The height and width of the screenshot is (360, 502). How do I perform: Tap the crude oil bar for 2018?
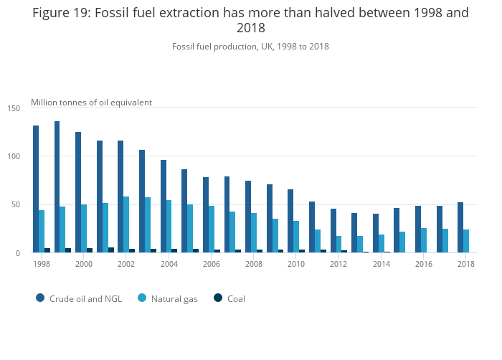(460, 227)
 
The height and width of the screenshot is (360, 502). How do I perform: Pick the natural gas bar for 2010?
(296, 237)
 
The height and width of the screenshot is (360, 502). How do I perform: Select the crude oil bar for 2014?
(376, 233)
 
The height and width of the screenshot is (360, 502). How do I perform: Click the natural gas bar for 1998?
(42, 231)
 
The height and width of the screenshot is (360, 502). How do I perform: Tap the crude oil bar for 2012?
(333, 230)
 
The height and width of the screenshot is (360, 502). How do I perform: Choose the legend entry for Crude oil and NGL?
(79, 298)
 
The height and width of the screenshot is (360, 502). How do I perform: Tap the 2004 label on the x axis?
(169, 264)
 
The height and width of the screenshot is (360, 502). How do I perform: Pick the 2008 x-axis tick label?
(253, 264)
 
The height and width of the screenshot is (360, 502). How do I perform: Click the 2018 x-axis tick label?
(466, 264)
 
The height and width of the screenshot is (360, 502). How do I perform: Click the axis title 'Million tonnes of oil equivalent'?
(91, 103)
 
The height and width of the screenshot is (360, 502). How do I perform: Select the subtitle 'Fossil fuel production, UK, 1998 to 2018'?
(250, 47)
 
